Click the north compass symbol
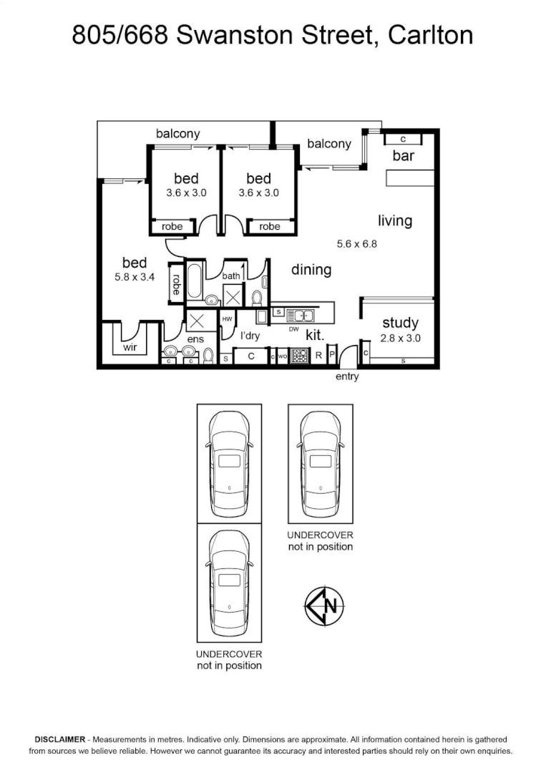[323, 606]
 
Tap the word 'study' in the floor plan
[400, 323]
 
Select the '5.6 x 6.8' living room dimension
[356, 243]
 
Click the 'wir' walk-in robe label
[130, 347]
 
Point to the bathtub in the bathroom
[194, 281]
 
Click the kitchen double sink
[301, 314]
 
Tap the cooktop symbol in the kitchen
[300, 356]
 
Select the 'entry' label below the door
[347, 376]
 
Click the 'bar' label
[403, 156]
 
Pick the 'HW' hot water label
[227, 319]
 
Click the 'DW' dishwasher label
[293, 329]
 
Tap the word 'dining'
[311, 270]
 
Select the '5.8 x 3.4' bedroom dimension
[135, 277]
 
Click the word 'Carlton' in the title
[430, 35]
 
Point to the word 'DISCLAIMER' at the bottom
[59, 739]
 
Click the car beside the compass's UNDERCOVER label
[321, 464]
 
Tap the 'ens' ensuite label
[195, 339]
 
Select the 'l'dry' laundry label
[249, 336]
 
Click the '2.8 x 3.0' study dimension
[400, 338]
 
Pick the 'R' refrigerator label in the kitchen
[318, 355]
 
